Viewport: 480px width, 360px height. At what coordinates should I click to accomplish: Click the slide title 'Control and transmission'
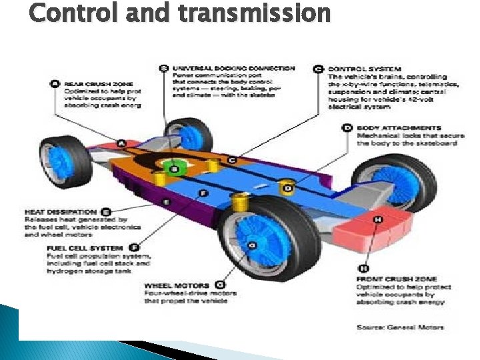point(180,13)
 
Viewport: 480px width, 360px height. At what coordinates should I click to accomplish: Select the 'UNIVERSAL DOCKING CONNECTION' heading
point(233,68)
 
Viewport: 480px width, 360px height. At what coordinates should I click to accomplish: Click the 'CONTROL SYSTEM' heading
point(365,69)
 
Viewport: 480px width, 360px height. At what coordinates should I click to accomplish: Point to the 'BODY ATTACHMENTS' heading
point(399,127)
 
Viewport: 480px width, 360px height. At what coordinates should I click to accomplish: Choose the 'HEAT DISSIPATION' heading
point(60,211)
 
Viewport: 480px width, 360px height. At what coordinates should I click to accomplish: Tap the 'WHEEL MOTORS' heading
point(176,285)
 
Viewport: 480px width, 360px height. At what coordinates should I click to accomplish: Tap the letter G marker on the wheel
point(251,246)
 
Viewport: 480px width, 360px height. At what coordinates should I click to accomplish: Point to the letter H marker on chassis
point(378,219)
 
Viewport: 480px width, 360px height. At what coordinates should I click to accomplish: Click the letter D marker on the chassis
point(288,189)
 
